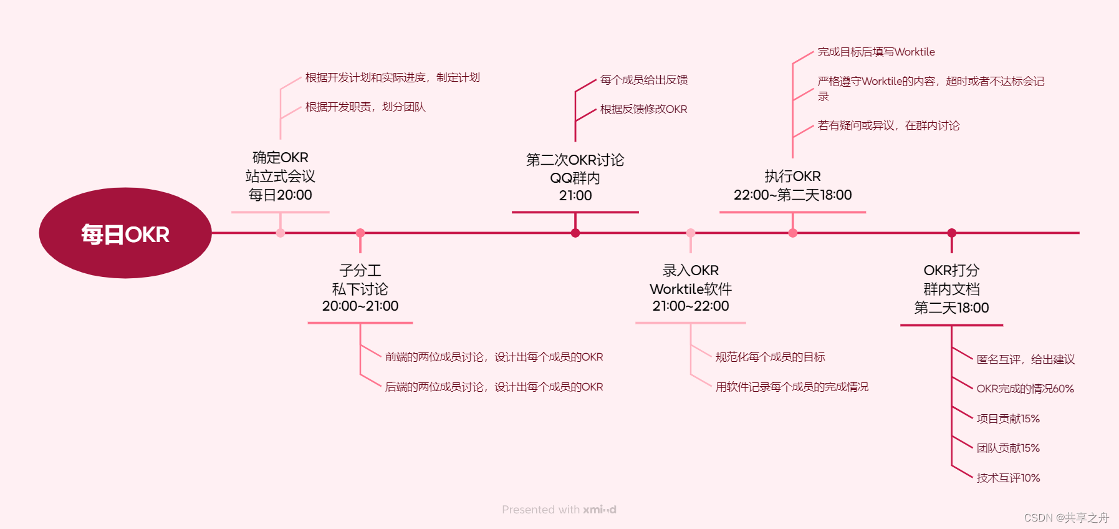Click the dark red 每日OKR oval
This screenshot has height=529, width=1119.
(125, 233)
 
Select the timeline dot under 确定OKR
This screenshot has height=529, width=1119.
(281, 233)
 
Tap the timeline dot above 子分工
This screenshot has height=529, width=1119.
(360, 233)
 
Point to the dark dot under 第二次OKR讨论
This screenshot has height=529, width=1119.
(575, 233)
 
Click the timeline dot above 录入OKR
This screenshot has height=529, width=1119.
(691, 233)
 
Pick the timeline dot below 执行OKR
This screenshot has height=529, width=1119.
(793, 233)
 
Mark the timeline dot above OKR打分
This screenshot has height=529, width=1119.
(951, 233)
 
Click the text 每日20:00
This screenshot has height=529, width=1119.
(281, 195)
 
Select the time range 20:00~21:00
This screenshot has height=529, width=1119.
(360, 306)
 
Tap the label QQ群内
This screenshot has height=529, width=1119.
(575, 178)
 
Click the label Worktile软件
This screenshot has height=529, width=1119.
(691, 289)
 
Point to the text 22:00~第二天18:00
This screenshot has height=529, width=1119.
(793, 195)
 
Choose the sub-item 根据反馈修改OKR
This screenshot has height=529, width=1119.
(643, 109)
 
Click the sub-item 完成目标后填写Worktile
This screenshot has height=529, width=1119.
(876, 52)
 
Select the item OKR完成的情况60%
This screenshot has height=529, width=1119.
(1025, 389)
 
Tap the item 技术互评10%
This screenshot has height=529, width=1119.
(1008, 478)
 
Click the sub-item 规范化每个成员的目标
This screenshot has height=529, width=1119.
(770, 357)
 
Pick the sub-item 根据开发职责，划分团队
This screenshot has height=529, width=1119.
(365, 107)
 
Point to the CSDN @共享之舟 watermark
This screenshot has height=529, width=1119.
(1067, 518)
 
